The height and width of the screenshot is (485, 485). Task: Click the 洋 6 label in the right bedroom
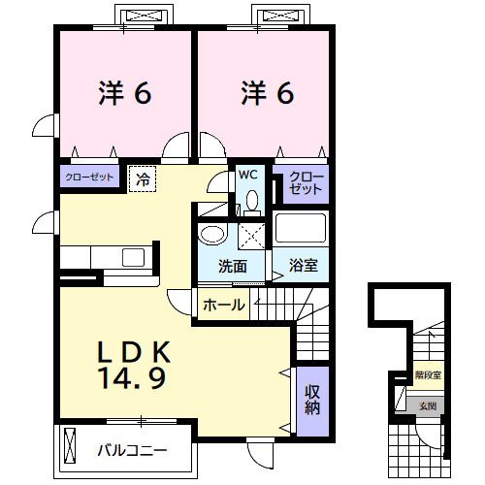click(x=266, y=93)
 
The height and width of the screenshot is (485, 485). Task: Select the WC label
click(x=247, y=176)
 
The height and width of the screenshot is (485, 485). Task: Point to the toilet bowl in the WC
click(x=252, y=201)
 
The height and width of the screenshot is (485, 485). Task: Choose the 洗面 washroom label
click(x=232, y=266)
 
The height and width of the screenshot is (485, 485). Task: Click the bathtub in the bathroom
click(x=302, y=229)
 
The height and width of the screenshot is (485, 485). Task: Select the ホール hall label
click(x=224, y=306)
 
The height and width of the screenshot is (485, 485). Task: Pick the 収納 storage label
click(x=312, y=400)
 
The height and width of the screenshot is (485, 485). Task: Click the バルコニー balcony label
click(x=133, y=450)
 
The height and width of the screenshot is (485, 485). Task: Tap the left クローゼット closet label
click(x=90, y=178)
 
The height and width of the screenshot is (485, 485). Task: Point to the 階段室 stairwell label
click(x=429, y=374)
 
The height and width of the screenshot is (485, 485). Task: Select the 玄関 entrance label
click(x=428, y=405)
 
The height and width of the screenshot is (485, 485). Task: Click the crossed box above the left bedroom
click(x=144, y=16)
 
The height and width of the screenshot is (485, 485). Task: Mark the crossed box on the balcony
click(x=69, y=448)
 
